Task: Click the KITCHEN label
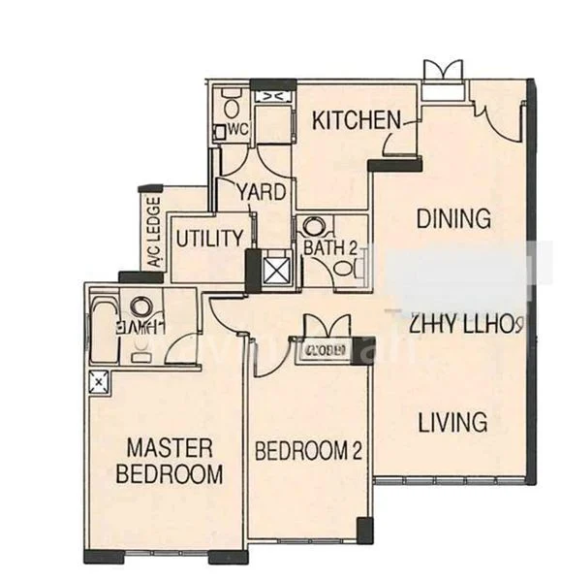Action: [x=356, y=120]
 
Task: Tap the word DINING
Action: [x=452, y=218]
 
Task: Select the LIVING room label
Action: [x=452, y=422]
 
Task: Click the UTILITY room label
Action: [x=208, y=238]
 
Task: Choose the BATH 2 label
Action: [x=329, y=247]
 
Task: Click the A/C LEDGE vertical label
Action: [x=153, y=234]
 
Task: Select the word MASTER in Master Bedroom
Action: [x=171, y=447]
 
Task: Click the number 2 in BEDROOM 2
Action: [x=356, y=450]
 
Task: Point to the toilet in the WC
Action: [x=231, y=102]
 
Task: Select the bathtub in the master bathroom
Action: [x=104, y=320]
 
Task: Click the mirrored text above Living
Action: [x=466, y=323]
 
